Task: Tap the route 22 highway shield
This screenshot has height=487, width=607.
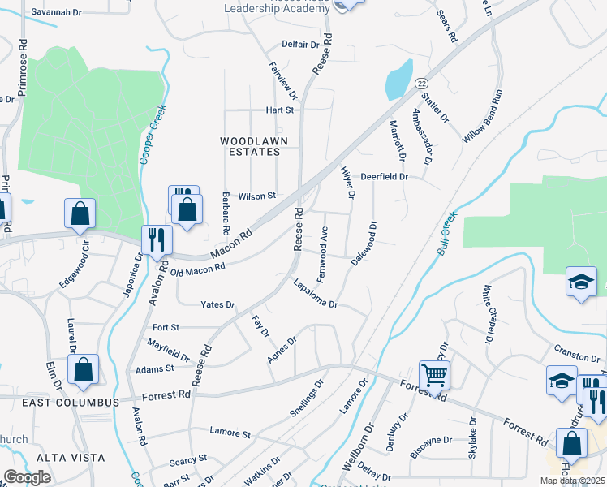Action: [x=421, y=84]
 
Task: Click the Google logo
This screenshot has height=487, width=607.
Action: [x=27, y=477]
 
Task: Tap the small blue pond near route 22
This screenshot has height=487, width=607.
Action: [x=397, y=80]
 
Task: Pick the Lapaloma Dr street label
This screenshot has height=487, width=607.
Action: [x=315, y=295]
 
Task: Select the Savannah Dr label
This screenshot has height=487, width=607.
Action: [x=56, y=13]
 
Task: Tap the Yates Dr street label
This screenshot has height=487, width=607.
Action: [x=217, y=305]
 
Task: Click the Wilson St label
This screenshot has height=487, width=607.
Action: [x=257, y=196]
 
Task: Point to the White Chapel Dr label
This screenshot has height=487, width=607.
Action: [x=489, y=312]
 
